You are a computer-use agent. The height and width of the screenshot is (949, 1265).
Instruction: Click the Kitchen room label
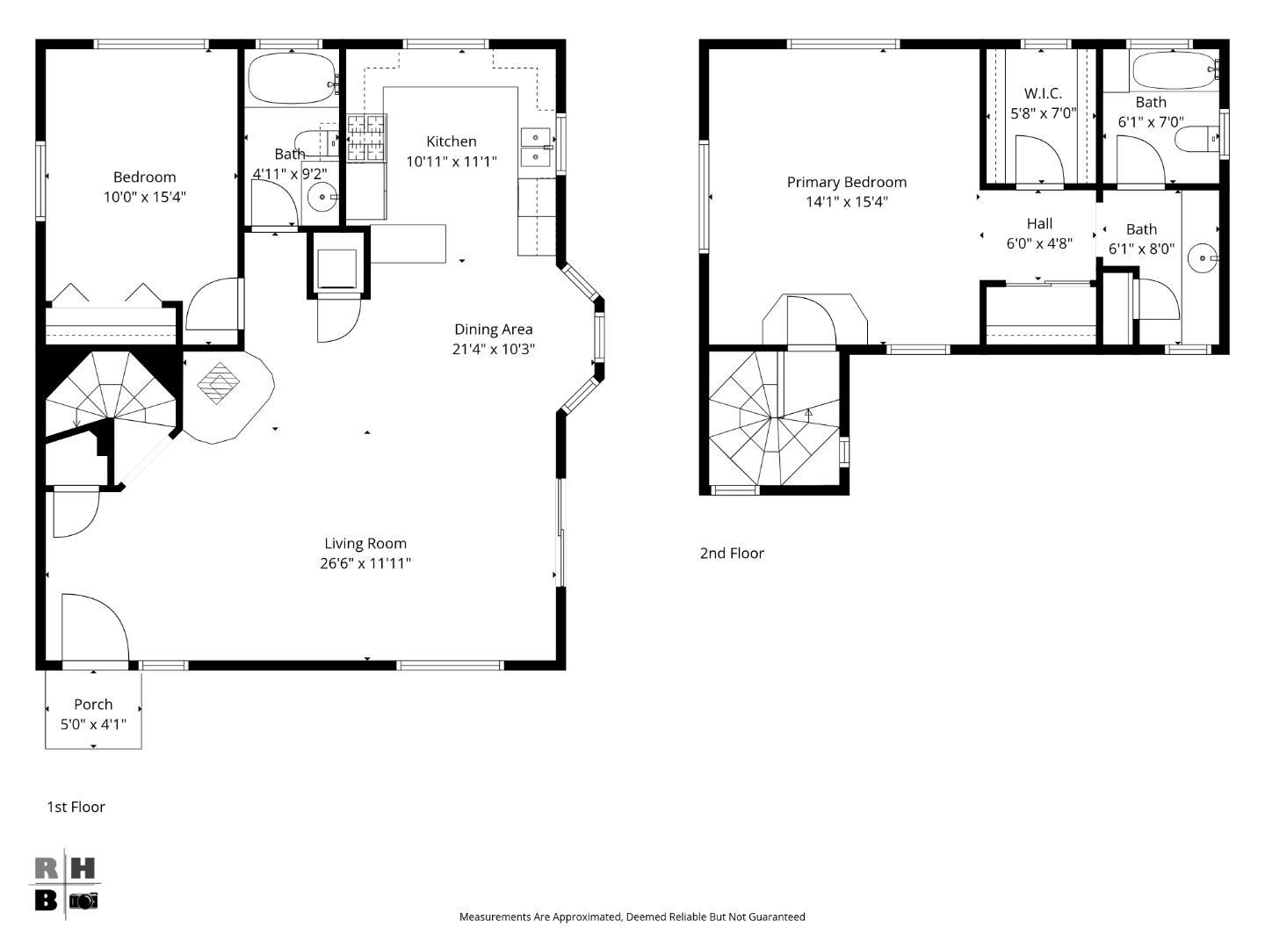452,141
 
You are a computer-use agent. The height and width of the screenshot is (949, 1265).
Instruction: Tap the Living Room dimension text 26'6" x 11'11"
365,563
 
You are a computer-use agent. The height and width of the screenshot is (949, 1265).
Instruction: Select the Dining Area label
493,330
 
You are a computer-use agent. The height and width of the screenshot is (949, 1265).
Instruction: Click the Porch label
93,704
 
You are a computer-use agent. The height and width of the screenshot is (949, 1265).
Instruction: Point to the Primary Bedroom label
846,182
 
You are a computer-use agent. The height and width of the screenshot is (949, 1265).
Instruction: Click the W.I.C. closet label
1043,93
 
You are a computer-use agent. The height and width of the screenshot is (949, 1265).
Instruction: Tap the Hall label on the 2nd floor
1039,224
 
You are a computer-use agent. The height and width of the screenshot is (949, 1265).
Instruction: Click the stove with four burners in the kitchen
366,139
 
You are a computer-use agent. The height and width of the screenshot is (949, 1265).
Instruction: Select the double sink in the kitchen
535,147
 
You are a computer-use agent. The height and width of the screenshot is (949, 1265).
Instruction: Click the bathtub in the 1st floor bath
292,79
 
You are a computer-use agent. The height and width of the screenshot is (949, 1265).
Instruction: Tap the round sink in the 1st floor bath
322,198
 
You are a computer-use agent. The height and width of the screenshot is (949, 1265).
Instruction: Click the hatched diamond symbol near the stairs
219,383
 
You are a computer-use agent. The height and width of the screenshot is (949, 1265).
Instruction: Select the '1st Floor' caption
76,807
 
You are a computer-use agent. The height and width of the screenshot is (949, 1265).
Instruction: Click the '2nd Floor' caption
732,553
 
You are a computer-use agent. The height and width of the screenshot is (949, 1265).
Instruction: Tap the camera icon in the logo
83,901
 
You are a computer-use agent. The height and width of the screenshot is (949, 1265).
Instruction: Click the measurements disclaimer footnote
632,916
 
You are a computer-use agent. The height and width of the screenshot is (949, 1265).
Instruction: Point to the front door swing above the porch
95,627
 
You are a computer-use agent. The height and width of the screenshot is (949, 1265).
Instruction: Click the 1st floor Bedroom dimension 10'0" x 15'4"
145,197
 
